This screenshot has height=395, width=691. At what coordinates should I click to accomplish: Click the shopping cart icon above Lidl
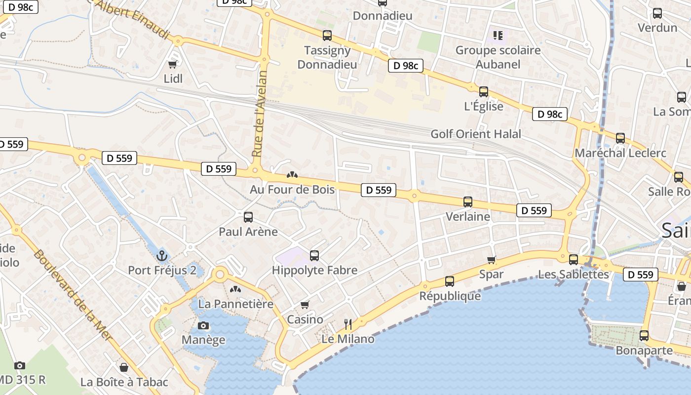click(x=173, y=64)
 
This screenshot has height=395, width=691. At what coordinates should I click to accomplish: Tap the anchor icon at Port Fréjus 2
click(x=162, y=256)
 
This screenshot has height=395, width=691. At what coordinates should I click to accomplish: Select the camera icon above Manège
click(x=203, y=325)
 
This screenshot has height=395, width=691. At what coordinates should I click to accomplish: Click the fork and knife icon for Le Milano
click(x=348, y=324)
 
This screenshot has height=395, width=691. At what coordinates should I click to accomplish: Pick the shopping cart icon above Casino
click(x=305, y=305)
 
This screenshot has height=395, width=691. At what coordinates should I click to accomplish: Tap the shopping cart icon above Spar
click(x=491, y=260)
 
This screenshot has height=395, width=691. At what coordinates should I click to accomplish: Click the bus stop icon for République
click(x=449, y=281)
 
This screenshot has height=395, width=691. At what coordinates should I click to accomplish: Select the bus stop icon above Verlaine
click(x=467, y=202)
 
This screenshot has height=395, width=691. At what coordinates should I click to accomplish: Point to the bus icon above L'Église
click(x=484, y=92)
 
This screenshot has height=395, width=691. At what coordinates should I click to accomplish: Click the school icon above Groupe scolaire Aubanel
click(x=498, y=36)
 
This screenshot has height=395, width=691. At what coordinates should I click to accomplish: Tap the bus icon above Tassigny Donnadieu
click(x=327, y=36)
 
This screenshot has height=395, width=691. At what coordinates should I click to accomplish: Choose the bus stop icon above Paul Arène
click(x=248, y=217)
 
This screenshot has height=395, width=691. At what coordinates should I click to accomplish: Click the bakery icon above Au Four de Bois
click(x=292, y=175)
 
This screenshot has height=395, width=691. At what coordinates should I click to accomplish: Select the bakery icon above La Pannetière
click(x=235, y=289)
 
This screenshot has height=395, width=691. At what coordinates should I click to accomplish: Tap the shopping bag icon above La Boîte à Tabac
click(x=124, y=367)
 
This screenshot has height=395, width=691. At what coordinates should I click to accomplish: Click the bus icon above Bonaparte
click(x=644, y=336)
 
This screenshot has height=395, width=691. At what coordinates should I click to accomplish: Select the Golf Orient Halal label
click(x=476, y=134)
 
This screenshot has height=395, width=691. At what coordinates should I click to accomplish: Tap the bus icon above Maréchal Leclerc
click(x=620, y=138)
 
